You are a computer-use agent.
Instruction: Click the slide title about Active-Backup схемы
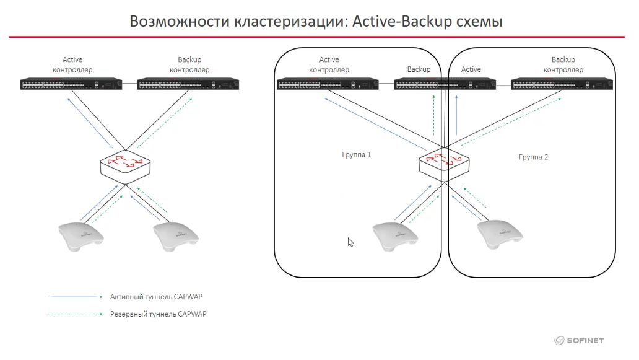pos(316,21)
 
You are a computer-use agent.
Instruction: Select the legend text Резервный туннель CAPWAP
pos(158,314)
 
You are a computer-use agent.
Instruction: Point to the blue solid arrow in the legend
pos(75,297)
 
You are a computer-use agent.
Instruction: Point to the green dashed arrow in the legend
pos(75,314)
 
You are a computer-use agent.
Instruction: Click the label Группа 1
pos(357,154)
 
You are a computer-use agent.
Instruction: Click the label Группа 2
pos(533,157)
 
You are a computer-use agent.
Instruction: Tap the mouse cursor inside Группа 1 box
pos(350,242)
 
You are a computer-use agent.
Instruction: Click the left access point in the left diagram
pos(80,236)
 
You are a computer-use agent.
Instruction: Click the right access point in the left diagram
pos(176,237)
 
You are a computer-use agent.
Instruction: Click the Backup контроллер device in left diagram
pos(188,84)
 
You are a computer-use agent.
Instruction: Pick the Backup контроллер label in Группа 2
pos(563,65)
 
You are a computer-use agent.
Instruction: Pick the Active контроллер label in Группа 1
pos(329,65)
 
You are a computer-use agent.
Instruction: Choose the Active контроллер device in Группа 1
pos(328,84)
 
